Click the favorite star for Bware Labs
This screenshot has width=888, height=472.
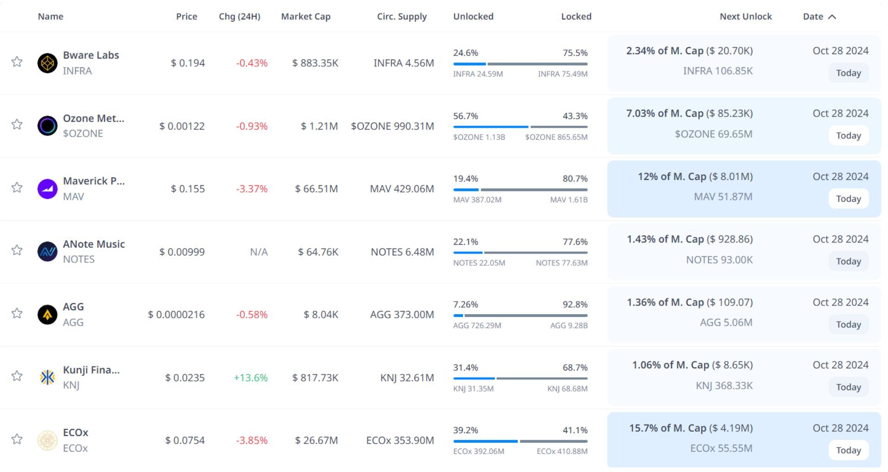[x=17, y=62]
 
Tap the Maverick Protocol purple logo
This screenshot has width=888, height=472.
[x=47, y=189]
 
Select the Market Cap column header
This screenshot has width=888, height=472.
[x=306, y=17]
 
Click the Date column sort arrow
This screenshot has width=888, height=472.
[x=832, y=17]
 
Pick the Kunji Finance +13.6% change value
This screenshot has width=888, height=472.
[x=251, y=378]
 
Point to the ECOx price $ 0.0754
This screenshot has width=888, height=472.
[x=185, y=441]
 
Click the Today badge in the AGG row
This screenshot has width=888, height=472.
[x=848, y=324]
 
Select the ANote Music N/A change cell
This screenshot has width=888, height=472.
[x=259, y=252]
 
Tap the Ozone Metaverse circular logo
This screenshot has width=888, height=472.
[x=47, y=126]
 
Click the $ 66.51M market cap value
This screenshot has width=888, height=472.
[x=316, y=189]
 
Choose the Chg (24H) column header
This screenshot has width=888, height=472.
[x=240, y=17]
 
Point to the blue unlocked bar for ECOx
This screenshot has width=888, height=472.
[x=485, y=441]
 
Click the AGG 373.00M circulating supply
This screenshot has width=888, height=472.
[x=402, y=315]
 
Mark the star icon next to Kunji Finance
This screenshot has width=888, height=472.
[x=17, y=376]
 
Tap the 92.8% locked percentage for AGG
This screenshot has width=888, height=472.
[x=575, y=304]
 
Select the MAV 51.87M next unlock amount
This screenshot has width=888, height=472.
[x=723, y=197]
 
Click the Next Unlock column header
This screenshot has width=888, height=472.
[x=746, y=17]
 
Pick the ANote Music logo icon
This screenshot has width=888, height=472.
[x=47, y=252]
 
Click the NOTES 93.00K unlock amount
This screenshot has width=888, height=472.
[x=719, y=260]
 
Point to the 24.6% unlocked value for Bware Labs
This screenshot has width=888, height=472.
[x=466, y=53]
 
